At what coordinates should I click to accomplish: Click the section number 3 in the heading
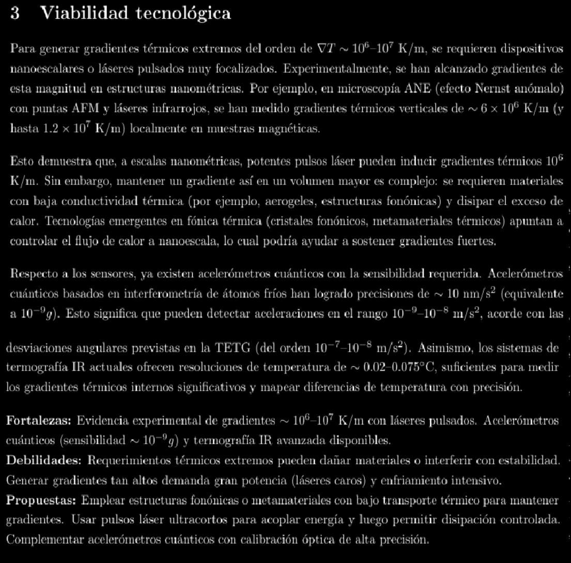(15, 13)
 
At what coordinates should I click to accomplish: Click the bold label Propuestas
(41, 500)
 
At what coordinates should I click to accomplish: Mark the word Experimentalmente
(329, 69)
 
